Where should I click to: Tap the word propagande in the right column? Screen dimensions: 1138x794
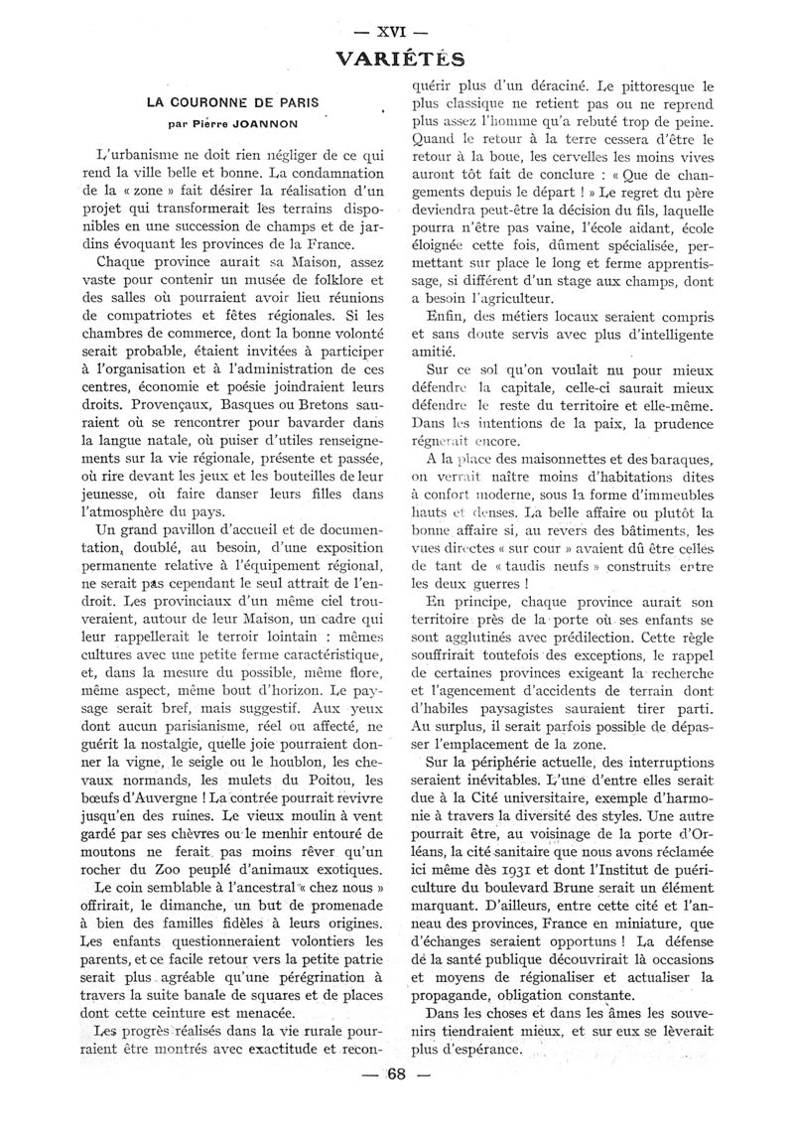point(463,995)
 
